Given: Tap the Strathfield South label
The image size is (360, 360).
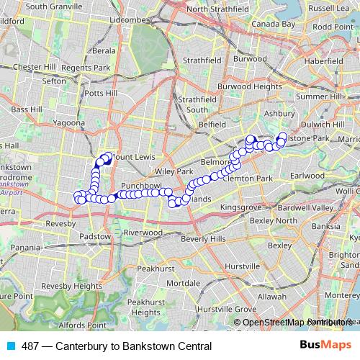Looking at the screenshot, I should coord(197,104).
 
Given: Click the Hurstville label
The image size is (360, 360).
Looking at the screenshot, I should coord(242,266).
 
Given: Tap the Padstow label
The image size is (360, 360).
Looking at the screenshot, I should coord(96,235).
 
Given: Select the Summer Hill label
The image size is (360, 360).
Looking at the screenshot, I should coord(321,96).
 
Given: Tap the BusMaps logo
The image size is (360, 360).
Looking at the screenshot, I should coord(321,346).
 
